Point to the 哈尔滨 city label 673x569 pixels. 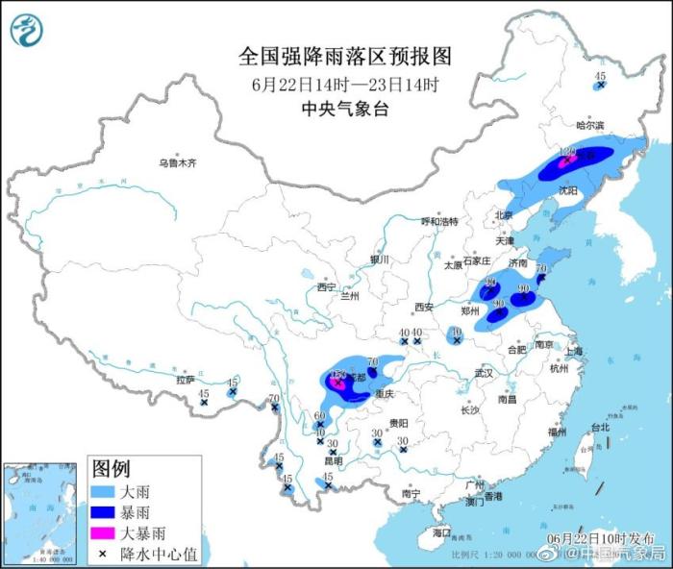coord(589,126)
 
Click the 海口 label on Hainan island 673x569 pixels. coord(441,532)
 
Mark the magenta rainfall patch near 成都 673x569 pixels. coord(337,383)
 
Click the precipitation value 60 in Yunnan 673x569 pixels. coord(320,417)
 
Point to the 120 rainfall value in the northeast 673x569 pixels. coord(566,152)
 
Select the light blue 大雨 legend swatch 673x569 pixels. coord(104,493)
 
